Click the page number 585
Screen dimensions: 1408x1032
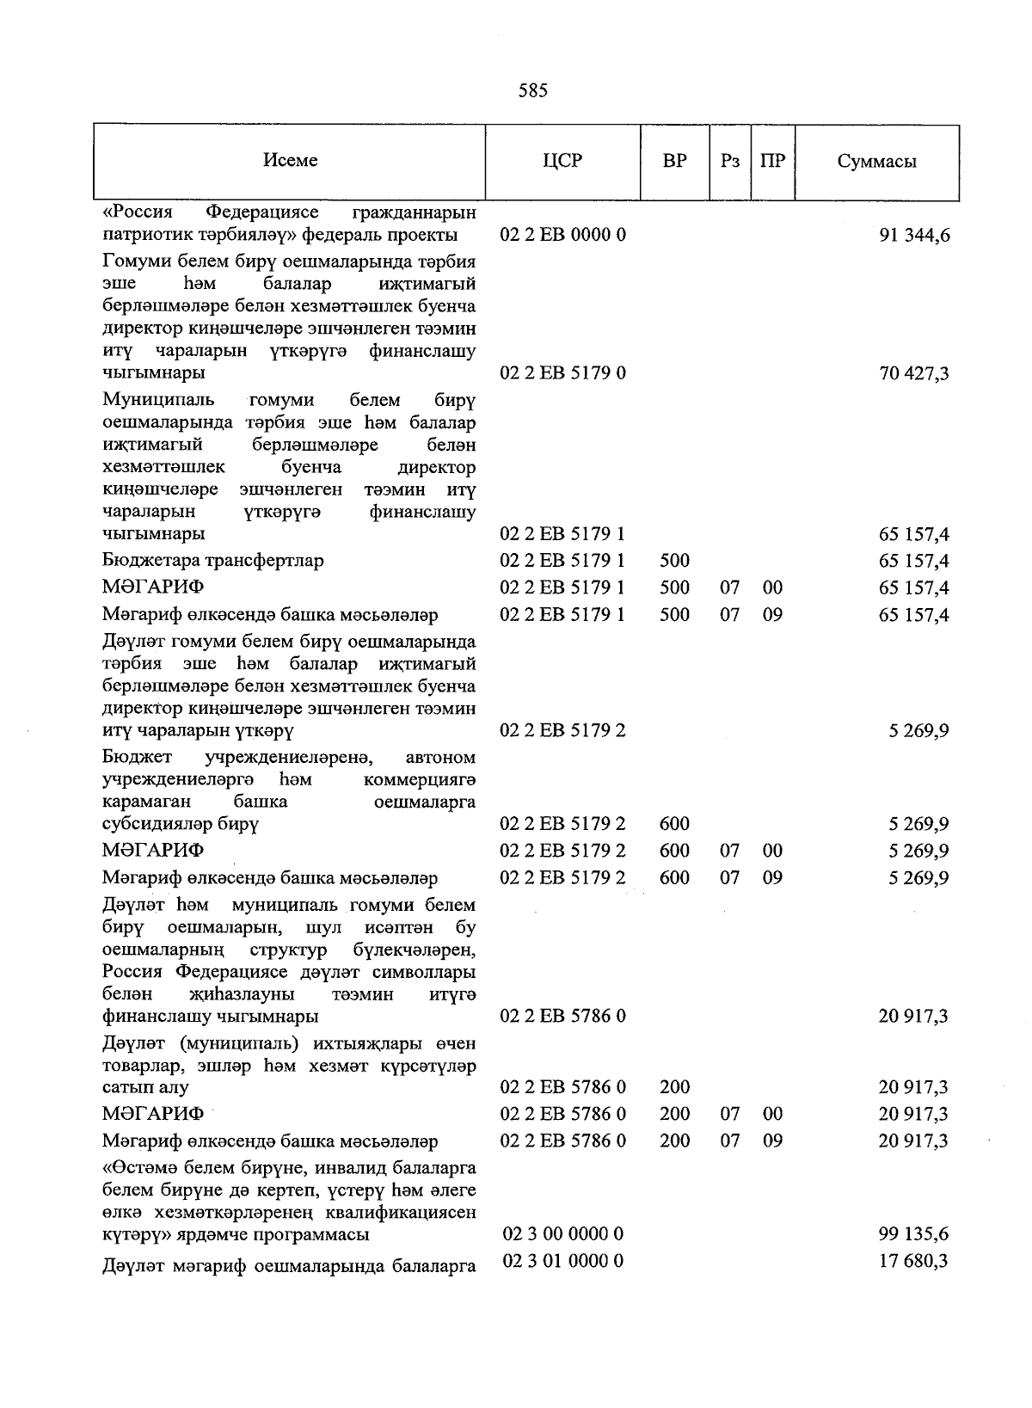pyautogui.click(x=532, y=90)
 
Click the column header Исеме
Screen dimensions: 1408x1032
pyautogui.click(x=290, y=161)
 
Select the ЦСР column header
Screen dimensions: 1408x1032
pyautogui.click(x=562, y=161)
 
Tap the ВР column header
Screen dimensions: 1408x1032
pyautogui.click(x=675, y=161)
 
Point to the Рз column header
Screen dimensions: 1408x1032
pyautogui.click(x=730, y=161)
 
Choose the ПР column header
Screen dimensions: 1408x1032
pyautogui.click(x=773, y=161)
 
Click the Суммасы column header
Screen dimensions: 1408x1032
pyautogui.click(x=876, y=162)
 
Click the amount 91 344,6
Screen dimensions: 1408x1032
pyautogui.click(x=914, y=235)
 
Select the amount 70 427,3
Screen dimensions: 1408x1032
pyautogui.click(x=914, y=373)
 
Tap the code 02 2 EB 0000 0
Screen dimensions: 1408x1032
pyautogui.click(x=562, y=235)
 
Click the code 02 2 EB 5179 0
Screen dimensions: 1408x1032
pyautogui.click(x=562, y=373)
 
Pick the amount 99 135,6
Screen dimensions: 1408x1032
pyautogui.click(x=914, y=1234)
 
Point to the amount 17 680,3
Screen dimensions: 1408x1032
pyautogui.click(x=914, y=1262)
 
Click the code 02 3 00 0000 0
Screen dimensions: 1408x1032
pyautogui.click(x=562, y=1234)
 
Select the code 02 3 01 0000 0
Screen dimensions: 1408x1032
pyautogui.click(x=562, y=1261)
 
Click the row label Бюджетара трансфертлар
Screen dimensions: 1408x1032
pyautogui.click(x=212, y=561)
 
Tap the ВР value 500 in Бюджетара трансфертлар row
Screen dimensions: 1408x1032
pyautogui.click(x=675, y=561)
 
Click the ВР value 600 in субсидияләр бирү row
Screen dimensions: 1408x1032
pyautogui.click(x=675, y=824)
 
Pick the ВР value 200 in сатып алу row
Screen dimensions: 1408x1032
pyautogui.click(x=675, y=1087)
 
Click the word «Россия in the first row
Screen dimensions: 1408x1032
pyautogui.click(x=138, y=212)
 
